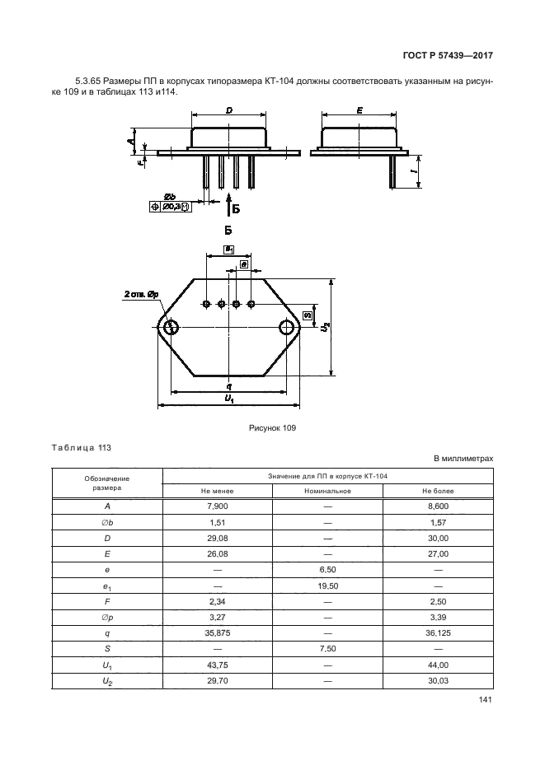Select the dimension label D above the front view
click(x=228, y=110)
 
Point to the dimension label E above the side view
click(x=360, y=110)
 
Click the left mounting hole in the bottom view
click(x=171, y=328)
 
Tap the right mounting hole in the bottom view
click(x=287, y=328)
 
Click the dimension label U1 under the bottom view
click(x=229, y=399)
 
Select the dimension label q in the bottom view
click(x=228, y=385)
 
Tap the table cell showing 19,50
click(x=327, y=586)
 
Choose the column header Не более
click(x=438, y=491)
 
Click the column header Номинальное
click(x=327, y=491)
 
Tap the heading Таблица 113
click(x=81, y=448)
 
